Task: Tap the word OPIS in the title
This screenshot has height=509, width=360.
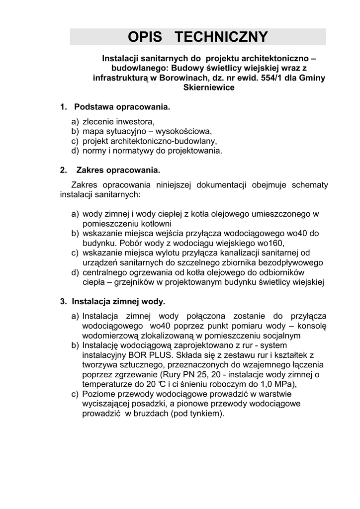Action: coord(147,37)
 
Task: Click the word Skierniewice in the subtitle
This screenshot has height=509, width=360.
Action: coord(209,88)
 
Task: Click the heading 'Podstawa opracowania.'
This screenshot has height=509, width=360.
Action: coord(122,107)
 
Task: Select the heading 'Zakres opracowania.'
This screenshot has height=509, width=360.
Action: coord(118,170)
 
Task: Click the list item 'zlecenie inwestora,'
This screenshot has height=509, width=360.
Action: coord(119,121)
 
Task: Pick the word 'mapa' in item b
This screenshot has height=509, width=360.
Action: coord(92,131)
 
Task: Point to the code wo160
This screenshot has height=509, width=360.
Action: coord(269,243)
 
